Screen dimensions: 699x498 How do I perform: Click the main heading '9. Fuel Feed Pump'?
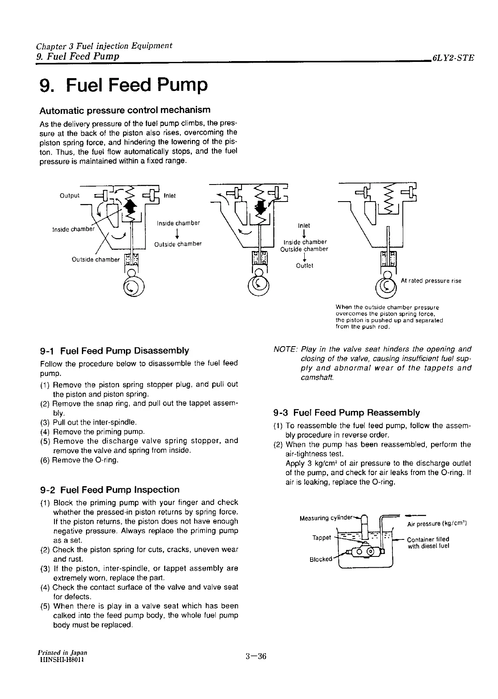[123, 85]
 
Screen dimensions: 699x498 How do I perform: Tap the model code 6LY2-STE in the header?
[453, 58]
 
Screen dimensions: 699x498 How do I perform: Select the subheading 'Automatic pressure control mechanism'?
[125, 110]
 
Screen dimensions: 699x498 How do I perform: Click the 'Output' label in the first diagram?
[70, 196]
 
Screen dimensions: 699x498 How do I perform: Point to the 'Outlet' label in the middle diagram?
[304, 266]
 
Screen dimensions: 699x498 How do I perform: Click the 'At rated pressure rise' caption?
[431, 281]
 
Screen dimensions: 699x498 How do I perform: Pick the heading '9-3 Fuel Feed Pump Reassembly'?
[347, 413]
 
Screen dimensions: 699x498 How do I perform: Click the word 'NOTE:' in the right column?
[286, 349]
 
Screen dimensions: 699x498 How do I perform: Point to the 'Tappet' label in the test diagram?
[321, 538]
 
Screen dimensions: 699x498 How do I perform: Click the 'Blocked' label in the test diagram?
[321, 559]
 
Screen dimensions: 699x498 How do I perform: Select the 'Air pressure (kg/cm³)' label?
[437, 524]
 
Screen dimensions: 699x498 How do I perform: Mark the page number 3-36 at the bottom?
[255, 657]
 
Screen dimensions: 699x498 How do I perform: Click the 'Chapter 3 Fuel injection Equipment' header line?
[104, 46]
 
